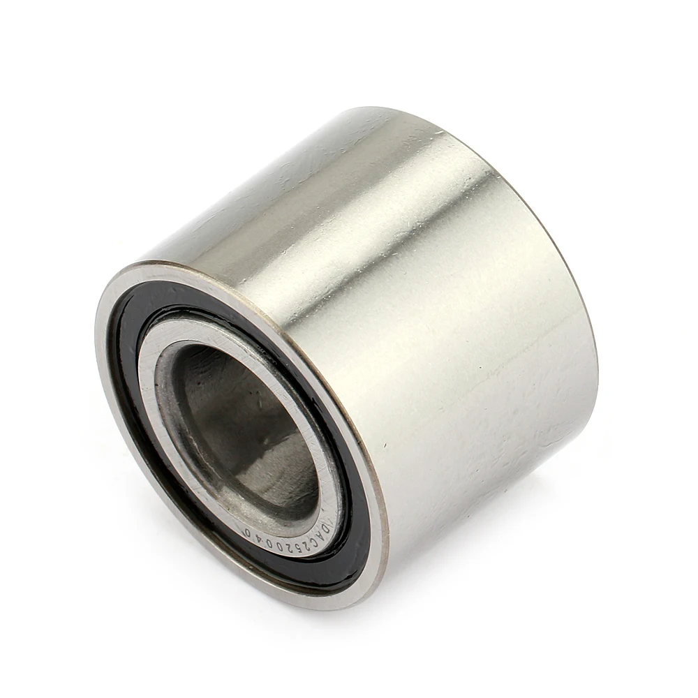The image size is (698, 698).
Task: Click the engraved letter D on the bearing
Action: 325,529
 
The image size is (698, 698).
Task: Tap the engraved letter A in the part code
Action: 320,535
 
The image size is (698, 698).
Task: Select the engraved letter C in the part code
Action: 314,542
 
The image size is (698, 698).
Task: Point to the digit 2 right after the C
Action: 306,547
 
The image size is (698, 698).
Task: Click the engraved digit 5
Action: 299,549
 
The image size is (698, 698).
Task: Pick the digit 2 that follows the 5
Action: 289,549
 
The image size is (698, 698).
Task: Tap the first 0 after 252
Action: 280,547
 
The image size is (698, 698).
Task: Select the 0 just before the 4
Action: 269,544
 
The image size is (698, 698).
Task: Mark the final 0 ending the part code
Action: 248,533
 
